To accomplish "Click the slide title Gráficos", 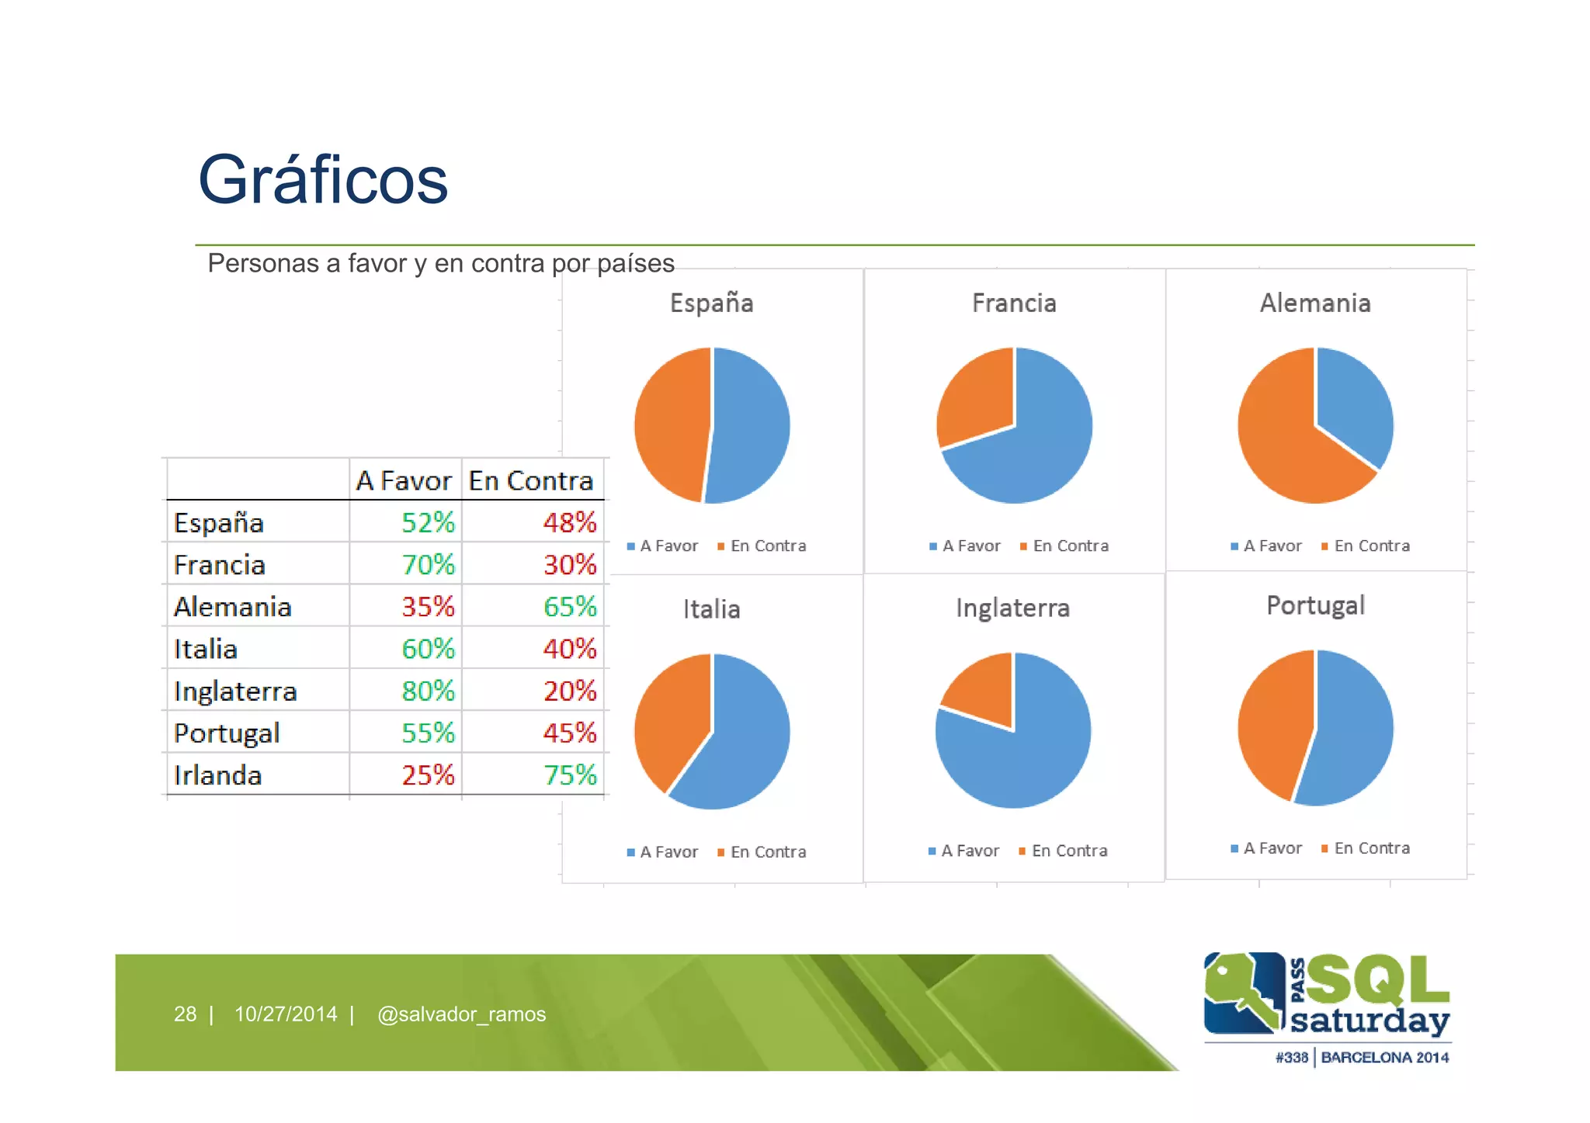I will click(323, 180).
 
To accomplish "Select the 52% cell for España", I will click(428, 522).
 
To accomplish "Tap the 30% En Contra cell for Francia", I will click(569, 564).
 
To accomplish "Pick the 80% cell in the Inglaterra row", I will click(428, 691).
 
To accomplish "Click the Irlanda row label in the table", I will click(217, 775).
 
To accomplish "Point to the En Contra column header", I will click(531, 481).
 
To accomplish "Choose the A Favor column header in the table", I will click(403, 481).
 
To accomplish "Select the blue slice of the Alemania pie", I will click(1352, 404).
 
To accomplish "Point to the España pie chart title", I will click(711, 303).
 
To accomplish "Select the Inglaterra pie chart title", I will click(1012, 608).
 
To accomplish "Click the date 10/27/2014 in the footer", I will click(286, 1014).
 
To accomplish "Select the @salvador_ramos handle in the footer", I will click(461, 1014).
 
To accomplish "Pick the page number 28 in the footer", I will click(185, 1014).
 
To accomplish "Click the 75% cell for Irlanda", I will click(569, 775).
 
